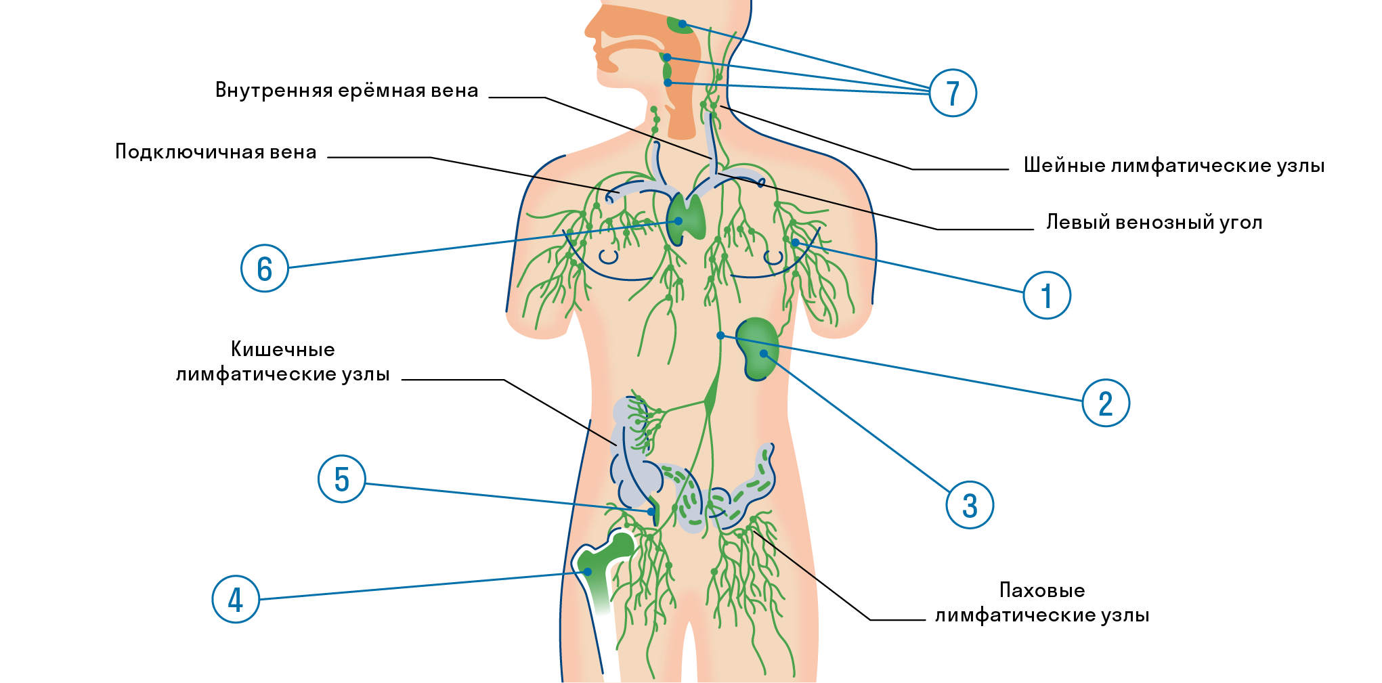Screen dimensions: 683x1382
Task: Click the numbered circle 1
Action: pyautogui.click(x=1046, y=295)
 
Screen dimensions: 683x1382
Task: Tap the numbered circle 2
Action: pyautogui.click(x=1105, y=403)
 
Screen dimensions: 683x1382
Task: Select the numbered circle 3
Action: pyautogui.click(x=969, y=505)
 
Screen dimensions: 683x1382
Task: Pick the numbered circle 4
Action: pyautogui.click(x=236, y=599)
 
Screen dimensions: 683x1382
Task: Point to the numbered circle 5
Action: pyautogui.click(x=341, y=479)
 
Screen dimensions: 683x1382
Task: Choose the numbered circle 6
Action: pyautogui.click(x=265, y=268)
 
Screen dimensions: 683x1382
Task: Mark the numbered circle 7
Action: pyautogui.click(x=952, y=93)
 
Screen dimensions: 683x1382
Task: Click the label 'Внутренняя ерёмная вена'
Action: pyautogui.click(x=347, y=91)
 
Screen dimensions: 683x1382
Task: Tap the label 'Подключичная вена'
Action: pyautogui.click(x=215, y=152)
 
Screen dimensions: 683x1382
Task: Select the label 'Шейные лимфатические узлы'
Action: pyautogui.click(x=1173, y=166)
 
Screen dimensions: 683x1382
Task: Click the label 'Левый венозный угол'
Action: pyautogui.click(x=1154, y=223)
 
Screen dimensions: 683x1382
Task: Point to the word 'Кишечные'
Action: pyautogui.click(x=283, y=349)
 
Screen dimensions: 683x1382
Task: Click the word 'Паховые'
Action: pyautogui.click(x=1042, y=590)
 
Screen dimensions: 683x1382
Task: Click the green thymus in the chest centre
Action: pyautogui.click(x=687, y=218)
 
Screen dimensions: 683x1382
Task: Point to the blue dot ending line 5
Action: pyautogui.click(x=651, y=512)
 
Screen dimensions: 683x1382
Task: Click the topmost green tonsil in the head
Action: pyautogui.click(x=679, y=26)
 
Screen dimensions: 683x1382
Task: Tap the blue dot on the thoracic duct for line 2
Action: pyautogui.click(x=720, y=336)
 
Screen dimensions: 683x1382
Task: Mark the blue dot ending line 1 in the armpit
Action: pyautogui.click(x=795, y=242)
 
